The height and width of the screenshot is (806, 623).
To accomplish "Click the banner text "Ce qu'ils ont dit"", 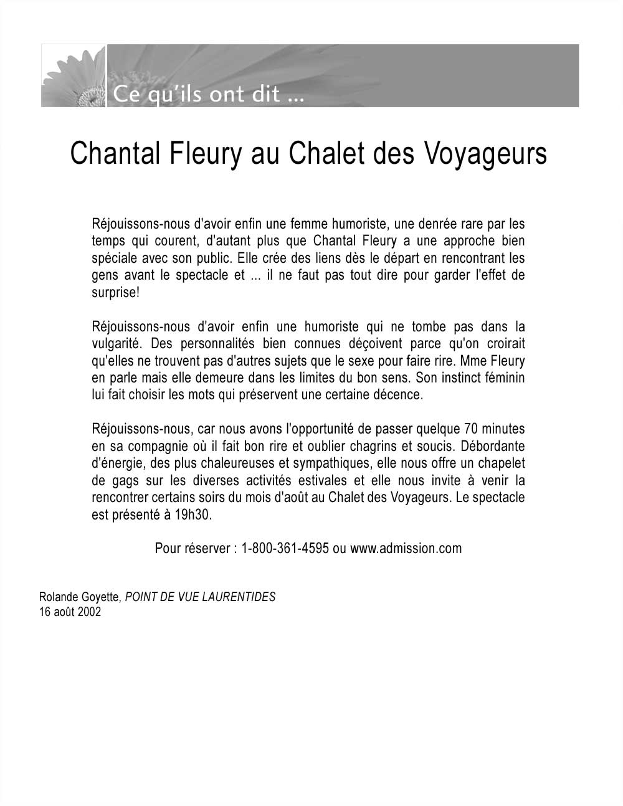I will (x=206, y=97).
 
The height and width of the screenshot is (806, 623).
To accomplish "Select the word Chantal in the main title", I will (x=116, y=154).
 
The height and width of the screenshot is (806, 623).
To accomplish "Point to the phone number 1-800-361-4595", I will (x=285, y=548).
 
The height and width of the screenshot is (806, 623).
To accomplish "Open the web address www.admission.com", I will (x=406, y=548).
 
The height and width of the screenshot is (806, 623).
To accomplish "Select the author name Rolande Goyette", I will (x=79, y=597).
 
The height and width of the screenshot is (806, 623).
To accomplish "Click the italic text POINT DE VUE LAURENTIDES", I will (x=200, y=597).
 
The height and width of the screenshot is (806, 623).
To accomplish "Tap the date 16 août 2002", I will (x=70, y=612).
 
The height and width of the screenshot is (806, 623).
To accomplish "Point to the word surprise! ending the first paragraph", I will (x=115, y=293).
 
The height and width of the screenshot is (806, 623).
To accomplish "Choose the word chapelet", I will (x=500, y=463).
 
